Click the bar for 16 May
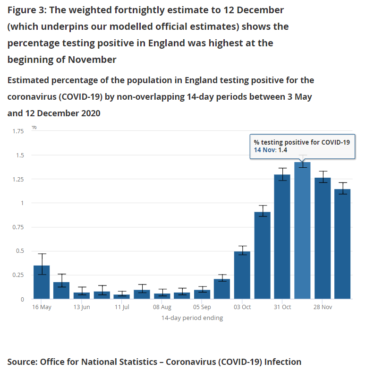click(x=42, y=282)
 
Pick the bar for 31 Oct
click(x=282, y=237)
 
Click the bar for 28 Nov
click(x=323, y=238)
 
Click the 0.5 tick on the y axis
click(x=19, y=251)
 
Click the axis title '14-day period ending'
click(x=192, y=318)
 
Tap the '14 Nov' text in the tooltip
click(x=264, y=150)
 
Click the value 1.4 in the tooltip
click(x=282, y=150)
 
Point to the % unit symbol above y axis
click(x=34, y=127)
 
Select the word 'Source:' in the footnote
click(x=22, y=362)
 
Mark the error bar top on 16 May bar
click(x=42, y=254)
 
